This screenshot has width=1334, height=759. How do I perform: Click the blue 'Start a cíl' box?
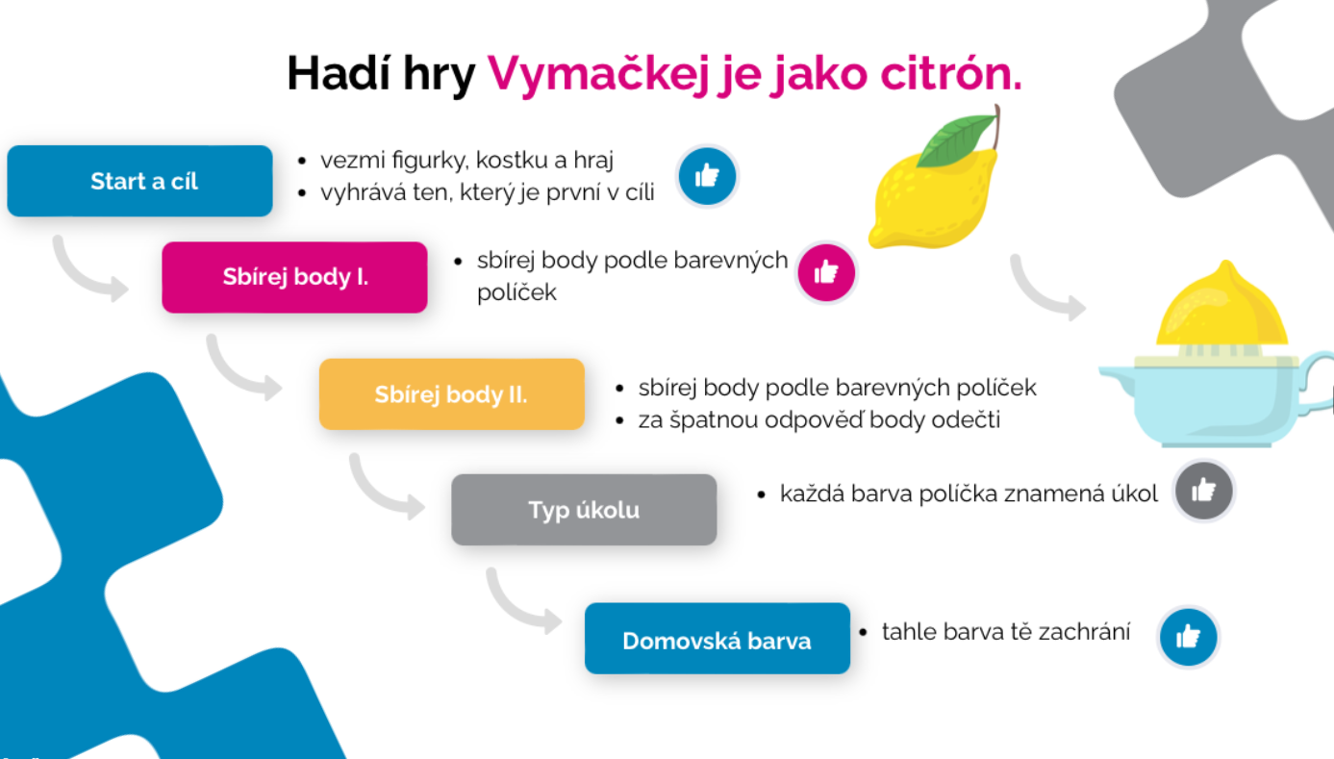140,181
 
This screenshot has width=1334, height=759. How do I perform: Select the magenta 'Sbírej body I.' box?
295,277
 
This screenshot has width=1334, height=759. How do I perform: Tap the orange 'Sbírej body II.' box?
452,393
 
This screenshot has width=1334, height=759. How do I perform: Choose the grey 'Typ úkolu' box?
584,510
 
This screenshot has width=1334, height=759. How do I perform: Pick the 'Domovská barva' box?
717,638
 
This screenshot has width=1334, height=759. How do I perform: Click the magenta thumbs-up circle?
826,273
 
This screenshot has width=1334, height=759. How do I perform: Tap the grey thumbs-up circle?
1203,491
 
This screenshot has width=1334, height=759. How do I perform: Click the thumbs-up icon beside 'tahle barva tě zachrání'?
1188,637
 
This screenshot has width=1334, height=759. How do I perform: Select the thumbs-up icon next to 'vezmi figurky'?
707,176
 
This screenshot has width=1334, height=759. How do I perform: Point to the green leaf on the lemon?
956,140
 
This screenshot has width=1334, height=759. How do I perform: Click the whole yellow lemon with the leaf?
935,179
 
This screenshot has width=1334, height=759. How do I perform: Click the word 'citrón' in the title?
950,73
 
